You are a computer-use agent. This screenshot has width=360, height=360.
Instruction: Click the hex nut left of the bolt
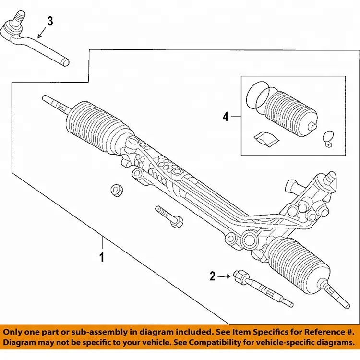click(x=116, y=190)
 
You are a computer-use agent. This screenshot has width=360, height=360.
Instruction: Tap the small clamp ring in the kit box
click(x=328, y=136)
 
